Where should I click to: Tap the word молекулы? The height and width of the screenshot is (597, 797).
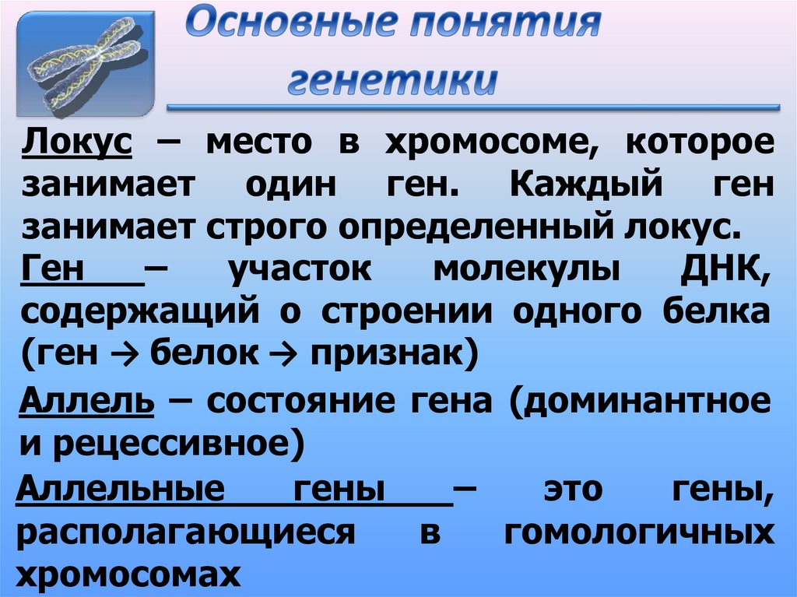coord(526,270)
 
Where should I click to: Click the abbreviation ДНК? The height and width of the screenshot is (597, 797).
coord(729,270)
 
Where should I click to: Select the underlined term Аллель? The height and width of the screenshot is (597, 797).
coord(86,402)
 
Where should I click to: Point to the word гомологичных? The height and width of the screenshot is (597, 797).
coord(638,533)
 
